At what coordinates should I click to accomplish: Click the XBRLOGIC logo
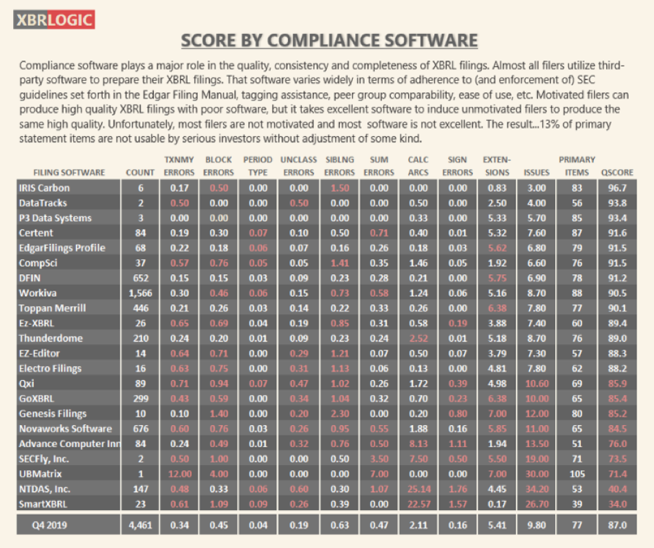click(x=53, y=19)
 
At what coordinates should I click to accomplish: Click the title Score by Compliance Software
click(x=329, y=41)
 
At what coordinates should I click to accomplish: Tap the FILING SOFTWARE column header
click(x=68, y=172)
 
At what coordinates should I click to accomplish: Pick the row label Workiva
click(x=37, y=293)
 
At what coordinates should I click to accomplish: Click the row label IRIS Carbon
click(x=44, y=188)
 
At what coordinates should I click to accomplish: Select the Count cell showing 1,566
click(x=140, y=293)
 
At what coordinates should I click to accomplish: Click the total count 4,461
click(x=140, y=526)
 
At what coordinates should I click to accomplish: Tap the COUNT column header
click(x=140, y=172)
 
